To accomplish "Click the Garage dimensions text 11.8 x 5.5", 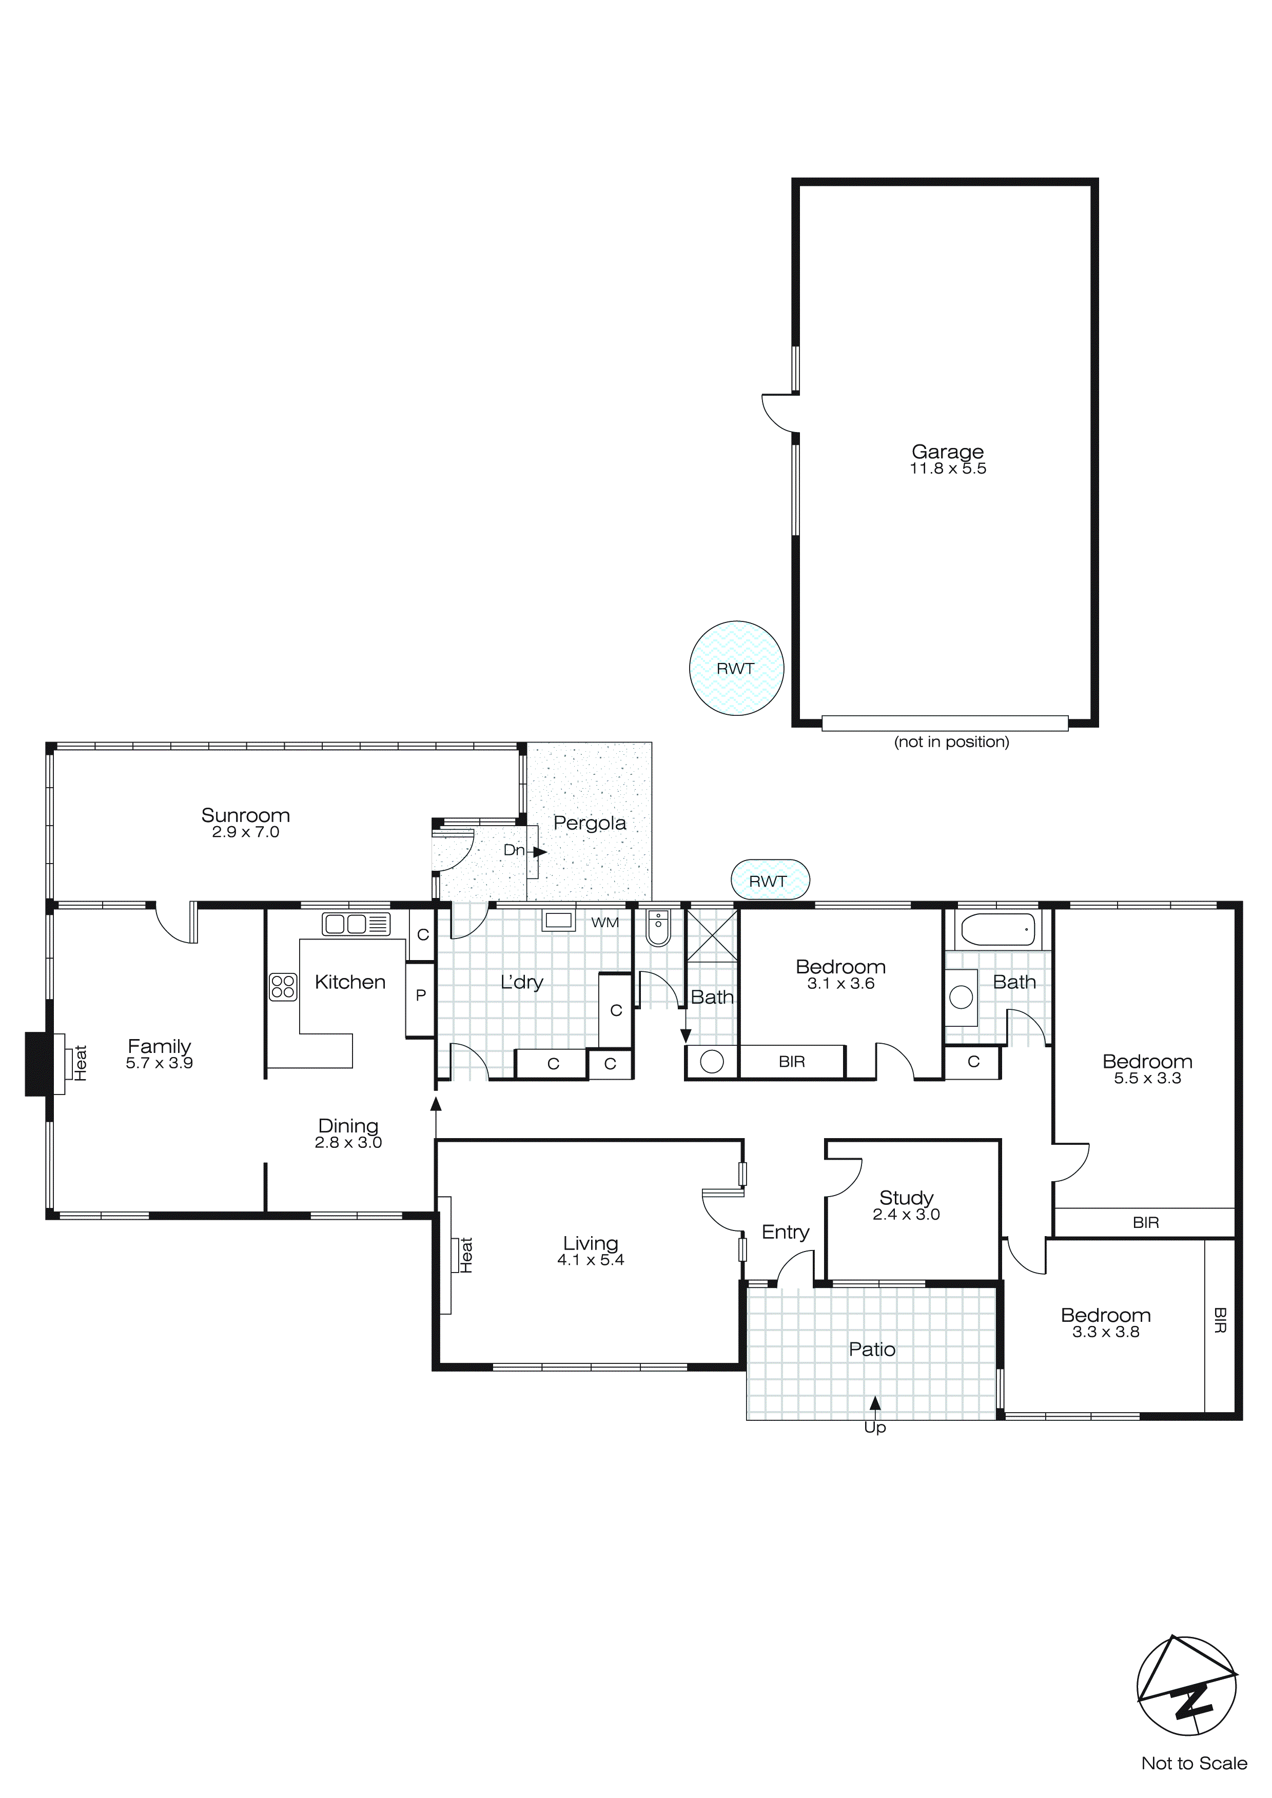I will point(947,469).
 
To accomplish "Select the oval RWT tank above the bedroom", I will point(769,881).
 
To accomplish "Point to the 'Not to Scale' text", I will point(1193,1763).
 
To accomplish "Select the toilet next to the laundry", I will point(658,927).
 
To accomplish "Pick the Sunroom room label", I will point(245,815).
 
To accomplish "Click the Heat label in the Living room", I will point(466,1255).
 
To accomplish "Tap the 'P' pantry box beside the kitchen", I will point(421,995).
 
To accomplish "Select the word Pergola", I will point(589,823).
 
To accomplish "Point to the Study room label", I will point(906,1197).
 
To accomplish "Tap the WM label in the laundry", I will point(604,923).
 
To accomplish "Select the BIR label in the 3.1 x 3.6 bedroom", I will point(791,1062).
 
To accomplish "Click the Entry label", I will point(785,1232).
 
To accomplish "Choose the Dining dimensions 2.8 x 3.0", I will point(348,1143).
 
